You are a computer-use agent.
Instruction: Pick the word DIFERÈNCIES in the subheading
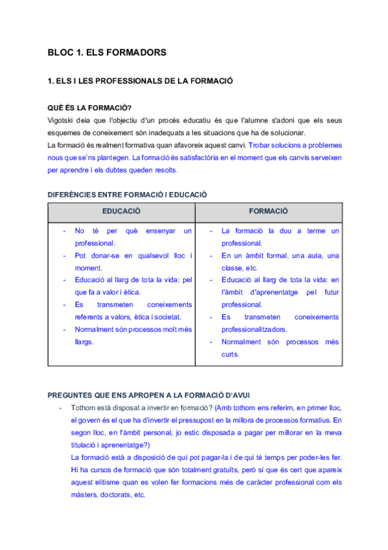coord(73,195)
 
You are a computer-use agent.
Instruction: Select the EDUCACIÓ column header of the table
coord(121,211)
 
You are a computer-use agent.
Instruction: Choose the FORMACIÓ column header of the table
coord(268,211)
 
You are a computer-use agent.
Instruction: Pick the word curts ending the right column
coord(231,354)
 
